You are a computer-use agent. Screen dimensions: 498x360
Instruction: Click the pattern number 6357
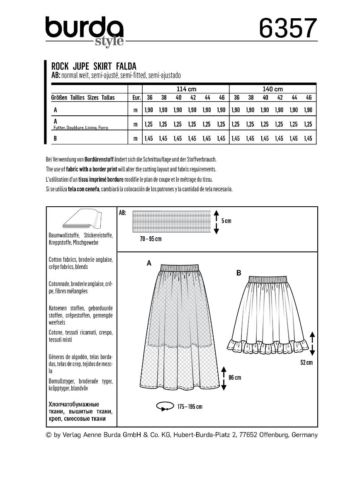[x=288, y=28]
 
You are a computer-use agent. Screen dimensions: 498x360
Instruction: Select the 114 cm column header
[x=186, y=89]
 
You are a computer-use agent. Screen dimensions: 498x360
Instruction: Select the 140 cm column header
[x=272, y=89]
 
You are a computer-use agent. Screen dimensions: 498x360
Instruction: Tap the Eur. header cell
[x=135, y=98]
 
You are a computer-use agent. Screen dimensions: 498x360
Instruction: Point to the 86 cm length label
[x=234, y=377]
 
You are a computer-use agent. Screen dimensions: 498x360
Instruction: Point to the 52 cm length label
[x=306, y=362]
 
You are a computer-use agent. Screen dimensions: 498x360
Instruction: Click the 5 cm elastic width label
[x=226, y=221]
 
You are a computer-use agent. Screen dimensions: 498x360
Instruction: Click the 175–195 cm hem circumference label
[x=190, y=407]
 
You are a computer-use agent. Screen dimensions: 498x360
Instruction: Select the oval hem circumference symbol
[x=165, y=407]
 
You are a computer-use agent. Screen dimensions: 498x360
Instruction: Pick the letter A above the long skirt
[x=148, y=263]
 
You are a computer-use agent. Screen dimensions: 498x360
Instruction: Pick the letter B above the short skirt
[x=238, y=273]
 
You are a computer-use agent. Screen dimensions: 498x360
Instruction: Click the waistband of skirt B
[x=268, y=278]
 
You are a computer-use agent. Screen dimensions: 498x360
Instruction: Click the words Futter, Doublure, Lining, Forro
[x=81, y=128]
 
